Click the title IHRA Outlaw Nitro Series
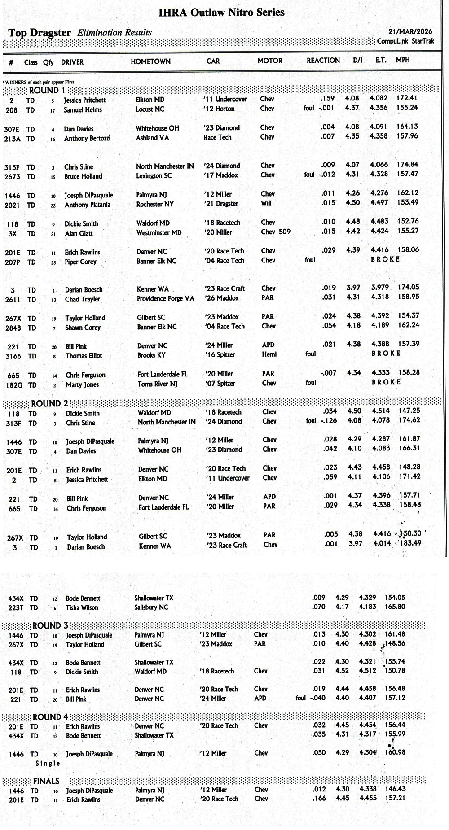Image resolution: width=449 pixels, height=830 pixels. point(221,12)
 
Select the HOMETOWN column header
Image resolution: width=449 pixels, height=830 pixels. point(150,61)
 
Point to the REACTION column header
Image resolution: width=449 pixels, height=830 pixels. point(323,60)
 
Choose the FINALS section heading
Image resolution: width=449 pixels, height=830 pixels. point(46,781)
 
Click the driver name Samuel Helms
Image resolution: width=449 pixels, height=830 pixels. point(83,110)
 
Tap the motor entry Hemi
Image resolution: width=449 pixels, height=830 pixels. point(269,354)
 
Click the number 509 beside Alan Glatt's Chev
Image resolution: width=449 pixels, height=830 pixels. point(285,232)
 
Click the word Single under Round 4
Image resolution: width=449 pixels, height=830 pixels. point(48,763)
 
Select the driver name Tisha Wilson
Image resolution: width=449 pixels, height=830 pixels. point(82,607)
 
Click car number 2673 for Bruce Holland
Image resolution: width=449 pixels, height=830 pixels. point(12,177)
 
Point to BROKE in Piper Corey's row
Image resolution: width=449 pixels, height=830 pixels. point(385,259)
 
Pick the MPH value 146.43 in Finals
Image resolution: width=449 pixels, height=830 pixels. point(395,789)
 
